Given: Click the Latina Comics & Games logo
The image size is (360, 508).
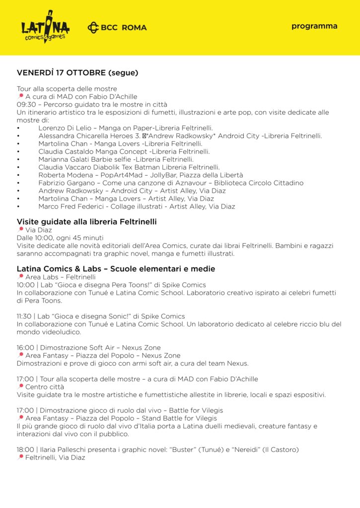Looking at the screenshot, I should pyautogui.click(x=45, y=27).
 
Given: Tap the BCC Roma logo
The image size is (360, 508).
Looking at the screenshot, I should pyautogui.click(x=117, y=27).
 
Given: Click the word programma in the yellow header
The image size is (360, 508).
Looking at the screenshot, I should pyautogui.click(x=314, y=26).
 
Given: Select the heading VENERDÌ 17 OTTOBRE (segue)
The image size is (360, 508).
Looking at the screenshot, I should pyautogui.click(x=77, y=73).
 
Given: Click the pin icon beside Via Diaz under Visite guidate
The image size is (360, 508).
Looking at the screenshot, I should pyautogui.click(x=20, y=230).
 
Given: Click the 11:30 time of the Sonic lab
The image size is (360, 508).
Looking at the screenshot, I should pyautogui.click(x=25, y=316).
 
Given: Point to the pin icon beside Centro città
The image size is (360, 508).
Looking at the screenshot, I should pyautogui.click(x=20, y=386).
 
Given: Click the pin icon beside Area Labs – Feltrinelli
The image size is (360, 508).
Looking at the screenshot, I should pyautogui.click(x=20, y=277).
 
